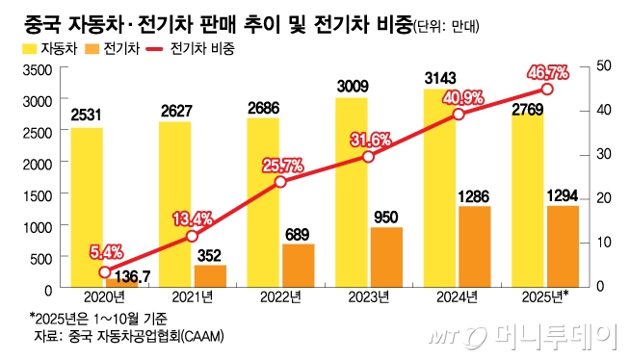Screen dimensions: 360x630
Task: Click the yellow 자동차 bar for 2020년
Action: click(87, 207)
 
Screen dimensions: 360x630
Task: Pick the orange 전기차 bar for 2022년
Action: click(299, 266)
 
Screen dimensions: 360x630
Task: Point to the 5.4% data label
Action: click(107, 252)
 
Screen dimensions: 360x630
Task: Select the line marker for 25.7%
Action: click(280, 181)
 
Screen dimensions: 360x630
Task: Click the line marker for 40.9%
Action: click(459, 114)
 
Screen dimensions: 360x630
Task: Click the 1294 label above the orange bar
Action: click(564, 195)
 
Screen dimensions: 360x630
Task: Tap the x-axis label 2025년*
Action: click(545, 298)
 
